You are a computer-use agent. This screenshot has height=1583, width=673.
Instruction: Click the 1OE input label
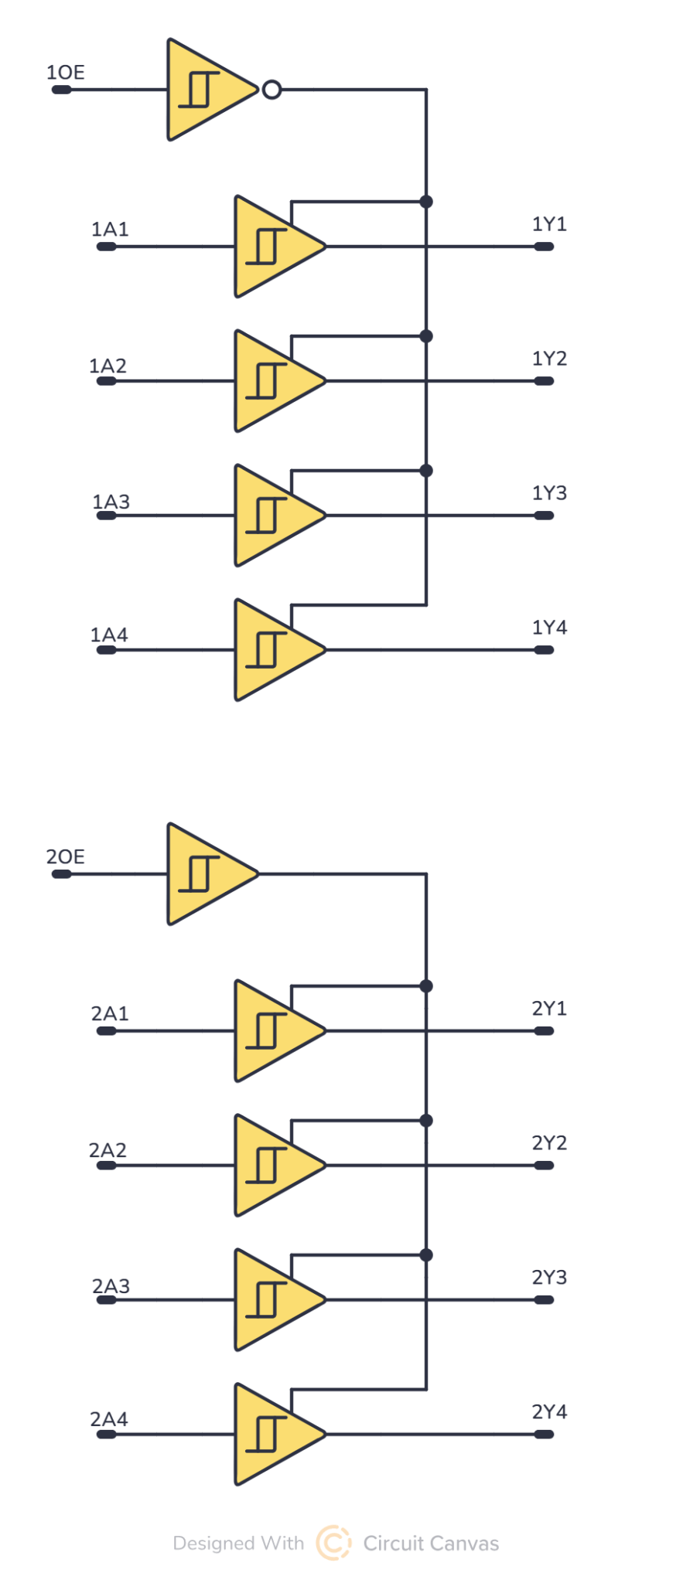pos(65,73)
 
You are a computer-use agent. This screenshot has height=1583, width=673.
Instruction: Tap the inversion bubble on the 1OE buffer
pos(272,90)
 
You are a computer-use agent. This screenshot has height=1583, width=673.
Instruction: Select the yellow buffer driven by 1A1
pos(275,247)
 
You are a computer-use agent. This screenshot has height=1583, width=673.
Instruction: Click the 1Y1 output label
pos(549,224)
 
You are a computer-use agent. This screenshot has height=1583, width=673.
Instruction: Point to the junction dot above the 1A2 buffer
pos(426,336)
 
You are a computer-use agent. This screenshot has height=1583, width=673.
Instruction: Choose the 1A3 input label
pos(111,502)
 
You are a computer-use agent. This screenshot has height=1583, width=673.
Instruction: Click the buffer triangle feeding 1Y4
pos(275,650)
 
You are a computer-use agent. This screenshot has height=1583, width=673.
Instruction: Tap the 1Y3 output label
pos(549,493)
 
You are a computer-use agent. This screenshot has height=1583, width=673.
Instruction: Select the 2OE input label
pos(65,856)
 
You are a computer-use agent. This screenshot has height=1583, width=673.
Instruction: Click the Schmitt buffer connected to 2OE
pos(207,874)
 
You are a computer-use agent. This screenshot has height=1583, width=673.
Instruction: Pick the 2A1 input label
pos(110,1013)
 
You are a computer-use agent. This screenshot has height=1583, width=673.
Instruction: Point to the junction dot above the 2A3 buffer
pos(426,1255)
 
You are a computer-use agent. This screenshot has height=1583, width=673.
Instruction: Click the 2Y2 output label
pos(549,1142)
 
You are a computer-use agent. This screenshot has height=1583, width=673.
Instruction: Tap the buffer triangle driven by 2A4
pos(275,1435)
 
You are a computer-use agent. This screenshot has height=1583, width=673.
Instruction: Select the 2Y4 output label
pos(549,1411)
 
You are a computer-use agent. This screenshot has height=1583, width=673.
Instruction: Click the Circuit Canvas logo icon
pos(333,1543)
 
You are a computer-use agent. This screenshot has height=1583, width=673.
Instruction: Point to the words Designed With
pos(238,1544)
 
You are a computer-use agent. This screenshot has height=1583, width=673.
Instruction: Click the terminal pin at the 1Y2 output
pos(545,381)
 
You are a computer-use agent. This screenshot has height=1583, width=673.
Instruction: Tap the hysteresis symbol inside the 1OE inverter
pos(200,90)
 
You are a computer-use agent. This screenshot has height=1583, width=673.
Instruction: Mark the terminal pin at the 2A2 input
pos(106,1166)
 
